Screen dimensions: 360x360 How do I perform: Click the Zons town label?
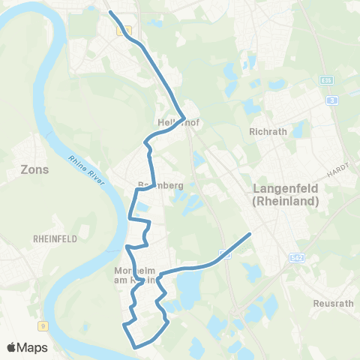[x=35, y=169]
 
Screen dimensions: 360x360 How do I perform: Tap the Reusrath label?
[x=330, y=304]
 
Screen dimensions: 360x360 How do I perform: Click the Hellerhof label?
[x=176, y=121]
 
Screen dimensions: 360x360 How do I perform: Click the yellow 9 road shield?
[x=43, y=325]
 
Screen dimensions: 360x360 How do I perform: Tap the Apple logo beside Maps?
[x=12, y=347]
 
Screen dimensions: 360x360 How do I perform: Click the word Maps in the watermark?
[x=33, y=347]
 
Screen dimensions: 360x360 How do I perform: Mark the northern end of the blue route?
[x=111, y=13]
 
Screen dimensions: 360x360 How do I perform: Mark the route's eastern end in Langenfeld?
[x=249, y=235]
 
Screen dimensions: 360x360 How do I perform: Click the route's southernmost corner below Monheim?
[x=135, y=346]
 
